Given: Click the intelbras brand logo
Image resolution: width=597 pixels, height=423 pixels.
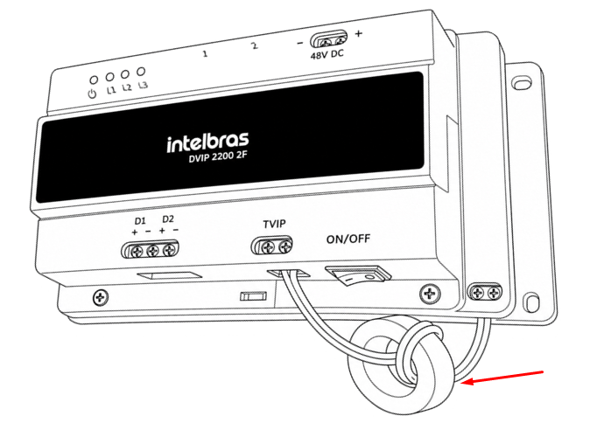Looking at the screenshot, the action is point(207,142).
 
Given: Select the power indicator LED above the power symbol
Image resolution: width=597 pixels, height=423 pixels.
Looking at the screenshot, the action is point(94,80).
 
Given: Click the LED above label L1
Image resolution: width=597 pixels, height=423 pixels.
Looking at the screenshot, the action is point(109,77).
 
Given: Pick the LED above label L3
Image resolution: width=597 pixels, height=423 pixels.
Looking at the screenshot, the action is point(141,71).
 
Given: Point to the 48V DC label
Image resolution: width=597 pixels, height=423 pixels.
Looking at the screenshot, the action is point(327,54).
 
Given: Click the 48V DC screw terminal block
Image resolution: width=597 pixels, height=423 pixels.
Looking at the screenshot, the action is point(328,39).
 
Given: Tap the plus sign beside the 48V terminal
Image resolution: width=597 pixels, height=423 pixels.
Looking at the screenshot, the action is point(358,33).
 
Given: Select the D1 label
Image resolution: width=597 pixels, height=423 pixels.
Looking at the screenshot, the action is point(140,221).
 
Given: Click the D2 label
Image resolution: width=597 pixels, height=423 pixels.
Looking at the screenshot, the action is point(168,219).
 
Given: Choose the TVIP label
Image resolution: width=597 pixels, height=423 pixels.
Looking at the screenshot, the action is point(274,224).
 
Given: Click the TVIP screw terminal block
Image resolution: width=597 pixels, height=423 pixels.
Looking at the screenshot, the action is point(271,246).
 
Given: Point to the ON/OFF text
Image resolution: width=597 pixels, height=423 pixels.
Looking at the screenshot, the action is point(348,239).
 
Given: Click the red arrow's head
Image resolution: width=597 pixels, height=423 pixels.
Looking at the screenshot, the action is point(467,381).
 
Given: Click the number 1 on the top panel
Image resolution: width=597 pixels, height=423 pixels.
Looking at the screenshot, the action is point(205,53).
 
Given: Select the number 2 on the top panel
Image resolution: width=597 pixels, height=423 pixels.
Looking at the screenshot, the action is point(255,46).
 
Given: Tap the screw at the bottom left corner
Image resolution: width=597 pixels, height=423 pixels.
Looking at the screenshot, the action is point(101,297).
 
